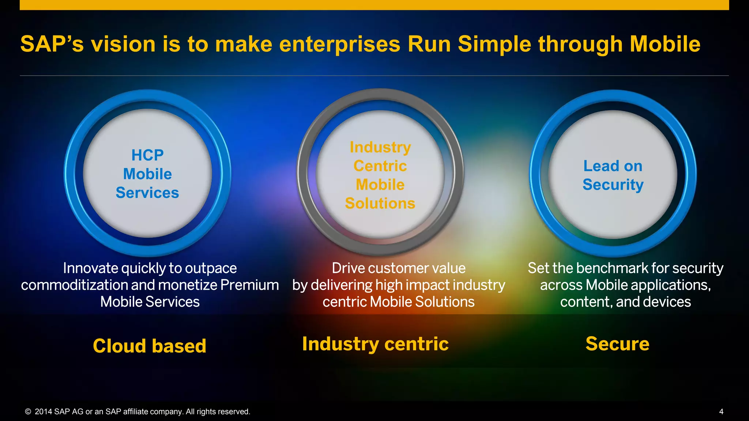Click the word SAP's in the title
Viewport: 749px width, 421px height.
pyautogui.click(x=52, y=44)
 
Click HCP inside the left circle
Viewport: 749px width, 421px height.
pyautogui.click(x=147, y=155)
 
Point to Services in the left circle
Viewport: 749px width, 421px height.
pyautogui.click(x=147, y=193)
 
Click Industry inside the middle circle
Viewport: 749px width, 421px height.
pyautogui.click(x=380, y=147)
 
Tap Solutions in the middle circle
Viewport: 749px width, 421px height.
pyautogui.click(x=380, y=203)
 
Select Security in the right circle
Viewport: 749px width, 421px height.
pyautogui.click(x=613, y=185)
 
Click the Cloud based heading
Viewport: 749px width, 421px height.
pyautogui.click(x=150, y=346)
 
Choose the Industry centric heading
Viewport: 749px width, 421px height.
pyautogui.click(x=375, y=344)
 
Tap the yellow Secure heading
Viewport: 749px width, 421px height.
pyautogui.click(x=617, y=344)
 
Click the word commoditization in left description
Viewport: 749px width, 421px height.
pyautogui.click(x=74, y=285)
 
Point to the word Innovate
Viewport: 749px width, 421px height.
pyautogui.click(x=90, y=268)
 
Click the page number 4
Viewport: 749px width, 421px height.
pyautogui.click(x=721, y=411)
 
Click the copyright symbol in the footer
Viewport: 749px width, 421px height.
pyautogui.click(x=28, y=412)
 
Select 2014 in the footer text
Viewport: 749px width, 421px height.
pyautogui.click(x=43, y=412)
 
